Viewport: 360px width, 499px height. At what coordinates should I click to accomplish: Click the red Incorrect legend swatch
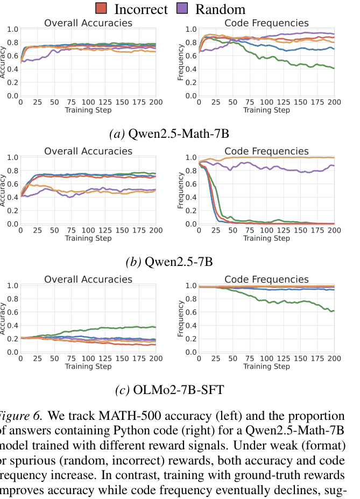click(101, 9)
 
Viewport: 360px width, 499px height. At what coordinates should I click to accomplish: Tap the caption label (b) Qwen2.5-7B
click(169, 262)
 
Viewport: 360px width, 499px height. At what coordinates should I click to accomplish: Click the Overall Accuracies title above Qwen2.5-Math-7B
click(88, 23)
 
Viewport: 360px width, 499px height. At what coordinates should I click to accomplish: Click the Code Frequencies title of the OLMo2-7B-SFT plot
click(266, 279)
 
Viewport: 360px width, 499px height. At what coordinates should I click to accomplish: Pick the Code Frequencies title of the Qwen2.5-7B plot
click(266, 151)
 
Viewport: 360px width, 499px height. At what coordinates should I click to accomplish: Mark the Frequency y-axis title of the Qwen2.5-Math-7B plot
click(181, 62)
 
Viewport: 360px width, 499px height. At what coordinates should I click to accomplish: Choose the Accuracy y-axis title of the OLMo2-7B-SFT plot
click(3, 319)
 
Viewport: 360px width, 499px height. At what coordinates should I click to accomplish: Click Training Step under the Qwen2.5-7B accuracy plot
click(88, 238)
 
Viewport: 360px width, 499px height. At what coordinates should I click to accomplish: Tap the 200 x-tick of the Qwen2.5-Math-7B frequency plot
click(334, 102)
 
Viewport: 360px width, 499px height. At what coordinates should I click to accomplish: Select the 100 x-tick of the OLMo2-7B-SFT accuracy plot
click(88, 359)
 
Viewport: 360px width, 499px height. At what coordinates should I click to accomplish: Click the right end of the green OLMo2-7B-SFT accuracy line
click(156, 327)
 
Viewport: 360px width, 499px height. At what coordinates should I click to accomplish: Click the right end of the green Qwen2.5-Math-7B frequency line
click(334, 68)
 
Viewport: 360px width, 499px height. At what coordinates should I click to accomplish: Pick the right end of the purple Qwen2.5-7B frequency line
click(334, 165)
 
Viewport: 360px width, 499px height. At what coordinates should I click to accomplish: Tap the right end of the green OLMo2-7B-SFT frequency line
click(334, 311)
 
